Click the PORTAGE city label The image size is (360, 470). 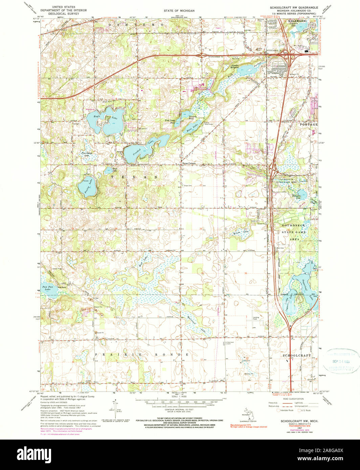point(309,124)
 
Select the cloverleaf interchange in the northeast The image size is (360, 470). point(287,53)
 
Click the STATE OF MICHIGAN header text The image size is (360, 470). point(179,11)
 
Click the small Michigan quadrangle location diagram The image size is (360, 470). point(249,414)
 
